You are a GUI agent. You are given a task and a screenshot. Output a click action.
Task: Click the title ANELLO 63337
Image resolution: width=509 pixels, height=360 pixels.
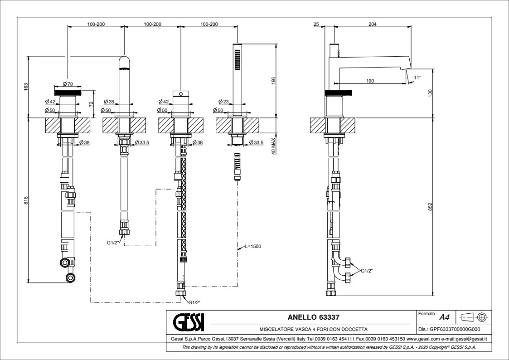pyautogui.click(x=314, y=317)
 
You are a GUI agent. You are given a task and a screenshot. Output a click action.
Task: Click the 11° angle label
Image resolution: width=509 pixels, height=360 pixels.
pyautogui.click(x=417, y=78)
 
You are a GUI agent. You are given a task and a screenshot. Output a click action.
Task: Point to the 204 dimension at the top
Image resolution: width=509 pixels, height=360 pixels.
pyautogui.click(x=372, y=24)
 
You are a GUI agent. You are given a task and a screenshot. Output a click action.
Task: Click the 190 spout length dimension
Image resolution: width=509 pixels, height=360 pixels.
pyautogui.click(x=370, y=81)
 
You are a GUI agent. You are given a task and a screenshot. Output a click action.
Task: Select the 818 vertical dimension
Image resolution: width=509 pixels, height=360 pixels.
pyautogui.click(x=26, y=199)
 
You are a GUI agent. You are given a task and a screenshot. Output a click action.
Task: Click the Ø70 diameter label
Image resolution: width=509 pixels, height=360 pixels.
pyautogui.click(x=68, y=84)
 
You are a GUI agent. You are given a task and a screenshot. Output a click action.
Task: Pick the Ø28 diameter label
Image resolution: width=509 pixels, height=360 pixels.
pyautogui.click(x=108, y=101)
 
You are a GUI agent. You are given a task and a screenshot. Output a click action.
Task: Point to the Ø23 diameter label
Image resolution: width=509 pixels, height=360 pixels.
pyautogui.click(x=223, y=101)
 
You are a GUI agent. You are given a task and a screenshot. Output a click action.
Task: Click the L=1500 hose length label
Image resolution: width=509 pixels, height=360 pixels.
pyautogui.click(x=253, y=246)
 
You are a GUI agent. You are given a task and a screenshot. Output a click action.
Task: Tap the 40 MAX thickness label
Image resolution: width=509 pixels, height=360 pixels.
pyautogui.click(x=274, y=145)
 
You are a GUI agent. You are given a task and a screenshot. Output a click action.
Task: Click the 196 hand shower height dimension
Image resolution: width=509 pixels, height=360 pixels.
pyautogui.click(x=273, y=80)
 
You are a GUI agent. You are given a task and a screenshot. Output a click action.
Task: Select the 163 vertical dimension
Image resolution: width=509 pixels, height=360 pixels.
pyautogui.click(x=26, y=85)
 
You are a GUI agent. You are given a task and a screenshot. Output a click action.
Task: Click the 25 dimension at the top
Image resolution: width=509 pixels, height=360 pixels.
pyautogui.click(x=316, y=24)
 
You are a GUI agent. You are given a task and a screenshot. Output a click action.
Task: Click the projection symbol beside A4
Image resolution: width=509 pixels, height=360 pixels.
pyautogui.click(x=474, y=316)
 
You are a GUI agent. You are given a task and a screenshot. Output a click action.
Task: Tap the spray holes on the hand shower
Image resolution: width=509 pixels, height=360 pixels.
pyautogui.click(x=237, y=60)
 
